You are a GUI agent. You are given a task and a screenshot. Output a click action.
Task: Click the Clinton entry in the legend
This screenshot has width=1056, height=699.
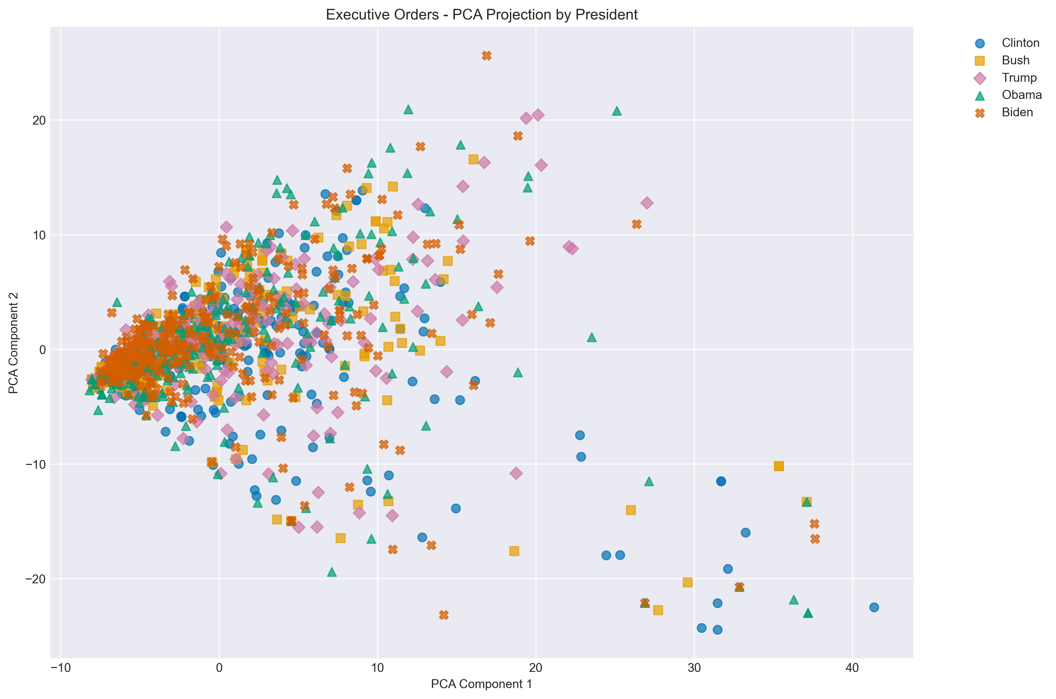(1020, 43)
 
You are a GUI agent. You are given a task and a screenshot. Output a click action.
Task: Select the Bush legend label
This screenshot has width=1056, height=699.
(1016, 60)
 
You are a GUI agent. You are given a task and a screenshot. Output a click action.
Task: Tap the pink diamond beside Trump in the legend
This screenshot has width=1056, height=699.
(980, 78)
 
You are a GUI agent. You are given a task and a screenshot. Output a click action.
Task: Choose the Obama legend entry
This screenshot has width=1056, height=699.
(1022, 95)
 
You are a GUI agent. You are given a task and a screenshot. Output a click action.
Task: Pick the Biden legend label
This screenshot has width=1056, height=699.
(1017, 112)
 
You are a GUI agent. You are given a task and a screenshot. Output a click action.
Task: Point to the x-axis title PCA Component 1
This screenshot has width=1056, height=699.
(481, 684)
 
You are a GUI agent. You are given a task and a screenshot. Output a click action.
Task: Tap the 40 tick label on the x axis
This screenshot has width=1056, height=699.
(852, 669)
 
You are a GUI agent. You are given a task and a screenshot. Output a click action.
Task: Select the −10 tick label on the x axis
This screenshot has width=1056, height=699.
(61, 669)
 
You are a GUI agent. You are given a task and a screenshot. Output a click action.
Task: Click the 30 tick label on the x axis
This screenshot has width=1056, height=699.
(694, 669)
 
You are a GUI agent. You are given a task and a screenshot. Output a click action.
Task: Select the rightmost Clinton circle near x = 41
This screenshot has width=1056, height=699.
(873, 607)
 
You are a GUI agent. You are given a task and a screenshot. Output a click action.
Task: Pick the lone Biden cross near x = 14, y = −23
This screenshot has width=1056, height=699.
(443, 615)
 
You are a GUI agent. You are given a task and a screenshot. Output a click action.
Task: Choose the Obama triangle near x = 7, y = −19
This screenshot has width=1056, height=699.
(331, 572)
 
